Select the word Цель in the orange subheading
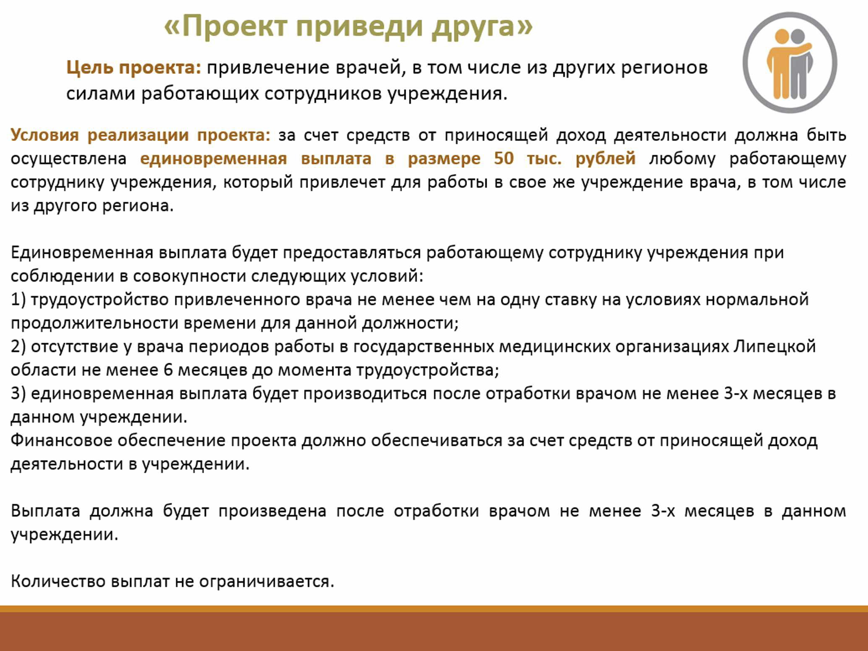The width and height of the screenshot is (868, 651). point(90,68)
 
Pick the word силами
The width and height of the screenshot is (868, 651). point(100,94)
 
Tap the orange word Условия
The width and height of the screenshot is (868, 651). point(44,135)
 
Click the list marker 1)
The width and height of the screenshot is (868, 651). point(18,300)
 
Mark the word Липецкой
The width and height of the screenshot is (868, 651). point(774,347)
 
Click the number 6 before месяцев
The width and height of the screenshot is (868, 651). point(168,370)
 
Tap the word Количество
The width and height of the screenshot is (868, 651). point(58,581)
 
